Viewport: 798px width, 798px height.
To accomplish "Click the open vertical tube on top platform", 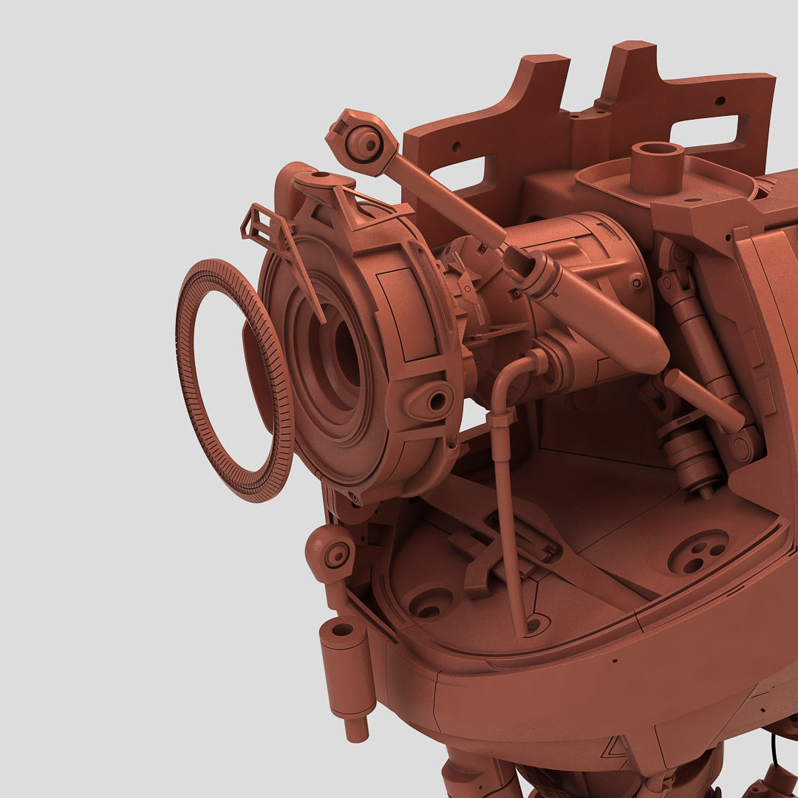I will tap(657, 166).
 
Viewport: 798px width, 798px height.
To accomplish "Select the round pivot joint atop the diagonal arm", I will tap(364, 143).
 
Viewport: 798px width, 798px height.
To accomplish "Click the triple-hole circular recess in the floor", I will tap(698, 551).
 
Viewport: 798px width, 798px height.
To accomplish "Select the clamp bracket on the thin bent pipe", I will tap(501, 420).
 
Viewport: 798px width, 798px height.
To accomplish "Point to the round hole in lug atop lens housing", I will tap(321, 175).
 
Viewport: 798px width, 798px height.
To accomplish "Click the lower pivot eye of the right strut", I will tap(742, 448).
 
